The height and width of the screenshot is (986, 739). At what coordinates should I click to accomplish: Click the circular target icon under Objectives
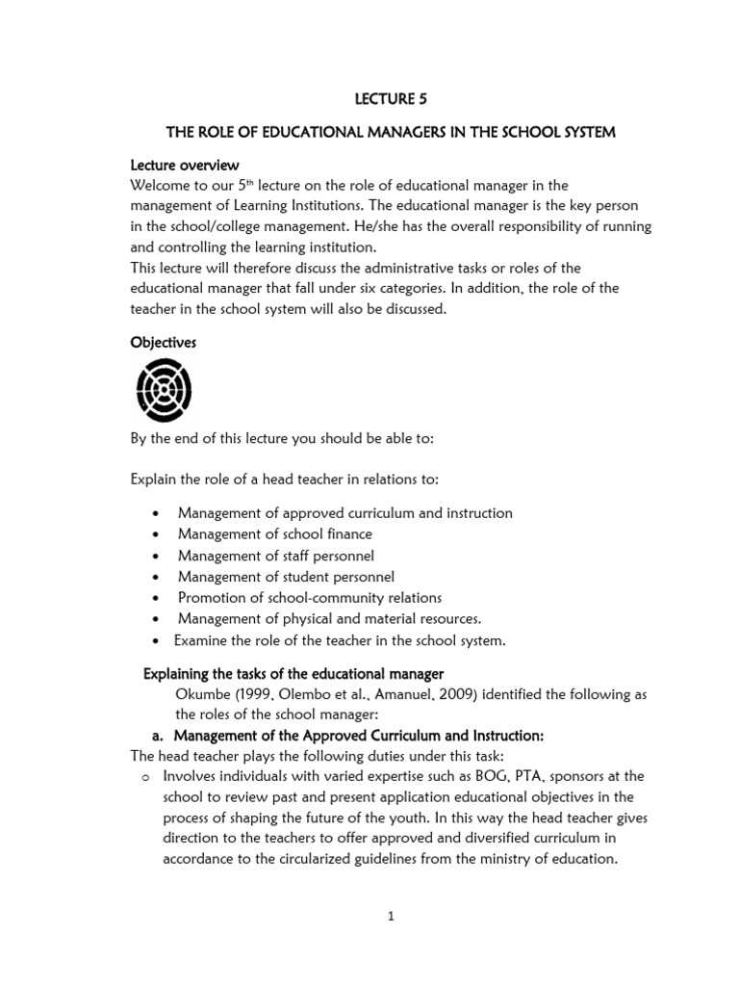(x=164, y=388)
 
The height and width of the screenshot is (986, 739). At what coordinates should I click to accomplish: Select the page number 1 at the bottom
(x=391, y=917)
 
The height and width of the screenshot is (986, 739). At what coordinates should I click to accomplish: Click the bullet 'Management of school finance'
(x=275, y=533)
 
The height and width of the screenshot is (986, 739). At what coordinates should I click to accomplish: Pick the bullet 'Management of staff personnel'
(x=276, y=556)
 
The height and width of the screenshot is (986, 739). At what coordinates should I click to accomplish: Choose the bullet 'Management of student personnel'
(x=286, y=577)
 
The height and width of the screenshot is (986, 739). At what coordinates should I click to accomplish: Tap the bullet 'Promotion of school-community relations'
(x=310, y=598)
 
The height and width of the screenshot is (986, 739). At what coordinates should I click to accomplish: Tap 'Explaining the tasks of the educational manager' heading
(x=293, y=672)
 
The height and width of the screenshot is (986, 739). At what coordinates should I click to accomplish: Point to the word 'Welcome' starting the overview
(x=161, y=186)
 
